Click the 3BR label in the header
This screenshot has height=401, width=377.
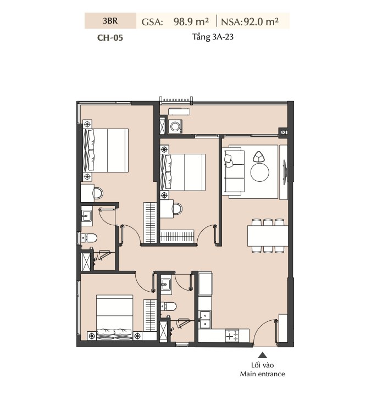110,21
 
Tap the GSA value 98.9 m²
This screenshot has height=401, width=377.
191,22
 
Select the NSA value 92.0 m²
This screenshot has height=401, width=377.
261,22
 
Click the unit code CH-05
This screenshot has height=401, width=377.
110,37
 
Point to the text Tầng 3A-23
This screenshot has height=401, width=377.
213,37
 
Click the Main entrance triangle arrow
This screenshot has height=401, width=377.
262,355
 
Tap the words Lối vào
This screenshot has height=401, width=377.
262,365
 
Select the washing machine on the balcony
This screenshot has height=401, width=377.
175,126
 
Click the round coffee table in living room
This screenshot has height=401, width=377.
260,172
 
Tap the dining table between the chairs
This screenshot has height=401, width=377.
268,236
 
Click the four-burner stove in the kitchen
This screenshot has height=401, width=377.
232,336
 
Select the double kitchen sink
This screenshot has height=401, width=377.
205,319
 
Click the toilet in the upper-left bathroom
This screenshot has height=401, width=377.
88,238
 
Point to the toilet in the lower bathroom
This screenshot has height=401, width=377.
168,306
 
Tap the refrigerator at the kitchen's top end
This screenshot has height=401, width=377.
206,283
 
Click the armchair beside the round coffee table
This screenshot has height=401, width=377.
259,157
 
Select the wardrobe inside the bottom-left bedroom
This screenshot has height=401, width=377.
150,316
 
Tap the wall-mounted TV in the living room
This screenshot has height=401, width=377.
285,171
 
